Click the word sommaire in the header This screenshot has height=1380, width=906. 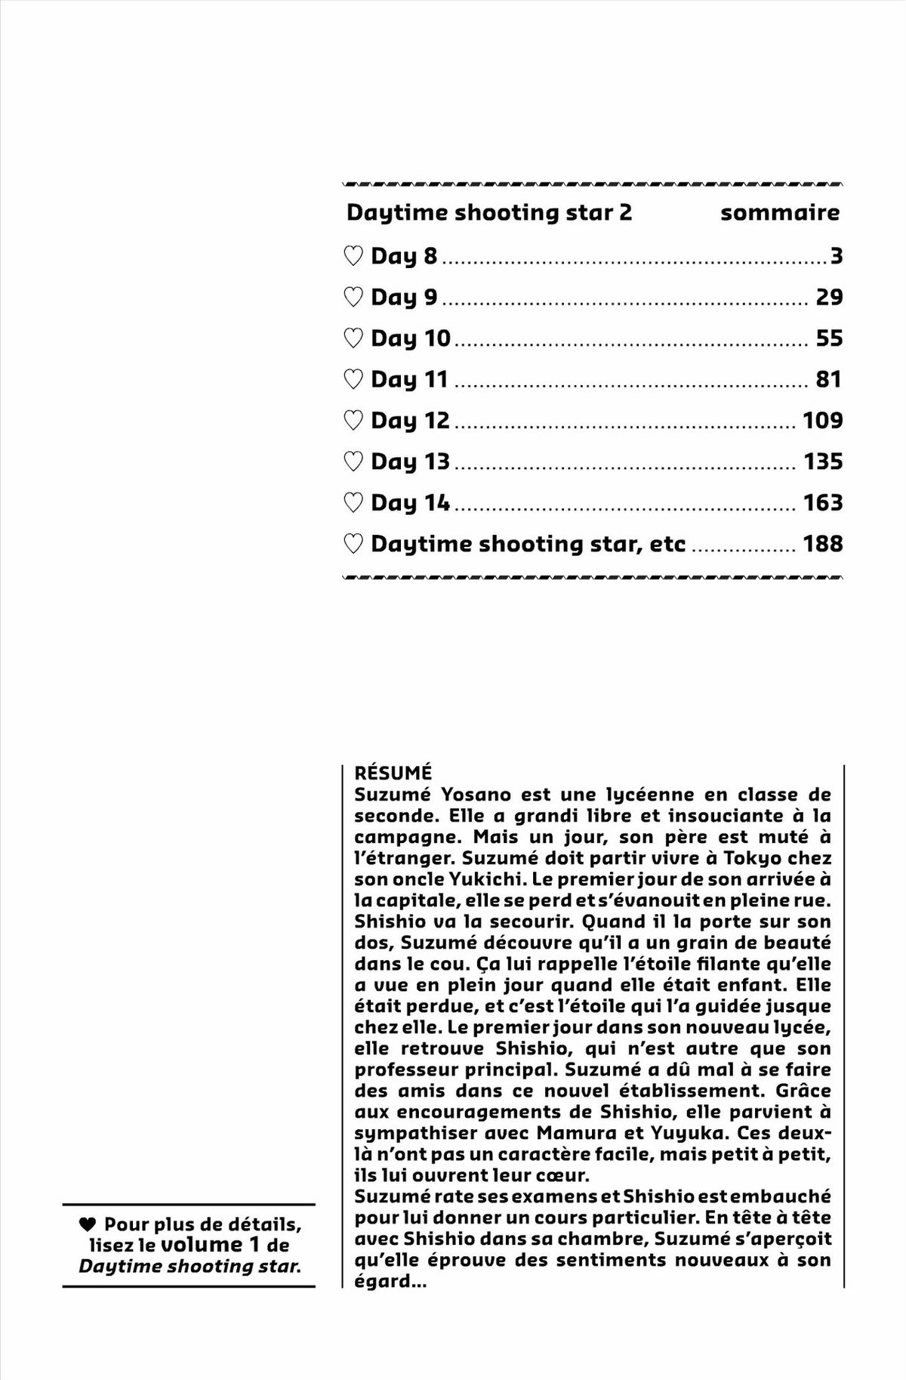pyautogui.click(x=779, y=213)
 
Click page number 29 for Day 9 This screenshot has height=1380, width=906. pyautogui.click(x=829, y=297)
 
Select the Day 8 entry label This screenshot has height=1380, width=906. pyautogui.click(x=403, y=256)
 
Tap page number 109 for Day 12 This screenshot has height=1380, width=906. pyautogui.click(x=822, y=420)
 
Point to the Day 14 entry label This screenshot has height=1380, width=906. pyautogui.click(x=410, y=502)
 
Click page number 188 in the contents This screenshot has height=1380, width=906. pyautogui.click(x=822, y=544)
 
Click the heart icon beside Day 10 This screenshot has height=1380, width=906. pyautogui.click(x=353, y=338)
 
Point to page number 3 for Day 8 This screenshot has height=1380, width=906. pyautogui.click(x=836, y=256)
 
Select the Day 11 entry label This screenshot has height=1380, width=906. pyautogui.click(x=409, y=379)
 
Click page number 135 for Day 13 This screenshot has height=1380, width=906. pyautogui.click(x=822, y=462)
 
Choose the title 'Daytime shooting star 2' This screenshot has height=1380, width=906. pyautogui.click(x=488, y=213)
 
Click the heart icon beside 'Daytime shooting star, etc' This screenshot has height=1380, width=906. pyautogui.click(x=353, y=544)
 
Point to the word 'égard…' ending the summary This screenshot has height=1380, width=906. pyautogui.click(x=390, y=1281)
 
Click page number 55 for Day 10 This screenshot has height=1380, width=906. pyautogui.click(x=829, y=338)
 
